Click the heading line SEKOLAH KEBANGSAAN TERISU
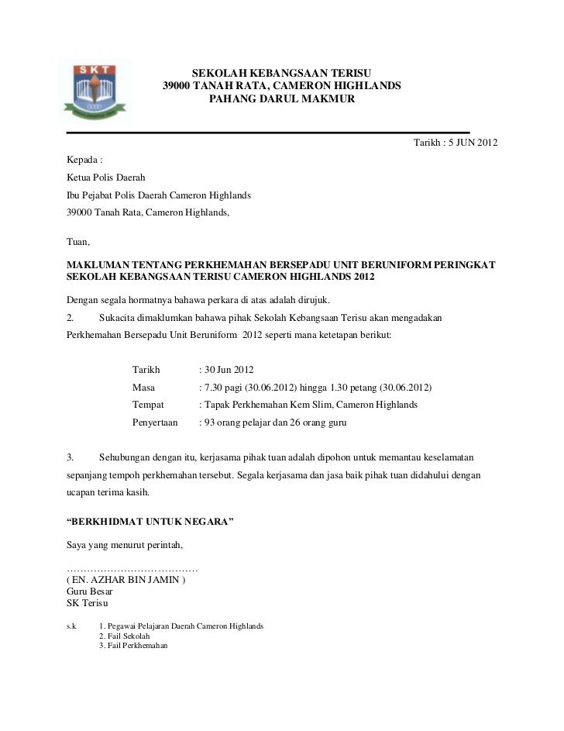point(282,71)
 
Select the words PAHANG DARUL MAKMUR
point(282,100)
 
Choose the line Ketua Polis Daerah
point(101,178)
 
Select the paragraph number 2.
point(70,318)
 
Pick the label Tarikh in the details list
point(146,370)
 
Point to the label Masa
point(144,387)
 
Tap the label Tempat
point(148,405)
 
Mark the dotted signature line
point(132,570)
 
